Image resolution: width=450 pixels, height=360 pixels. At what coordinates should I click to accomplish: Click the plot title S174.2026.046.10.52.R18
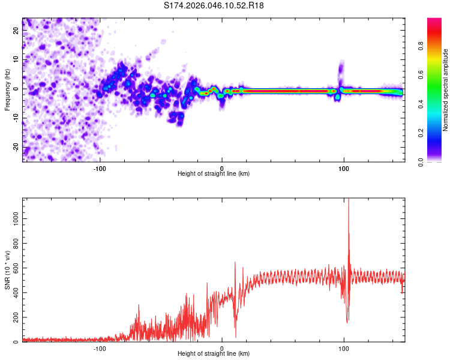point(214,6)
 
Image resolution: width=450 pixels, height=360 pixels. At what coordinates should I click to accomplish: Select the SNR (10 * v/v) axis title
point(7,270)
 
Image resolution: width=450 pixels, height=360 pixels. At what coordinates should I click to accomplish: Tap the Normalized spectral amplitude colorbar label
point(446,90)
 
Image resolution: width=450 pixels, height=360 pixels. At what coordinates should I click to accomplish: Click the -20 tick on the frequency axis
point(16,147)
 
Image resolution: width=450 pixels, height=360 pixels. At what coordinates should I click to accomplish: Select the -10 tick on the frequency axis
point(16,118)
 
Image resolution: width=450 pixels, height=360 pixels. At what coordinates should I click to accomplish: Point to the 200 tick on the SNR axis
point(15,317)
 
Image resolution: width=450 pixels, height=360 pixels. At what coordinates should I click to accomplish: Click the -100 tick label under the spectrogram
point(100,168)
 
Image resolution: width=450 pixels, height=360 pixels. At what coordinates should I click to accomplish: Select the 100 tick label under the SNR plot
point(344,348)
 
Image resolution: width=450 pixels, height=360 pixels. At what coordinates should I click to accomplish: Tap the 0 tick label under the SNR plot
point(222,348)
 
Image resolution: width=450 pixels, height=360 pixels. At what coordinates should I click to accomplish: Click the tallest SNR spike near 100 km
point(349,201)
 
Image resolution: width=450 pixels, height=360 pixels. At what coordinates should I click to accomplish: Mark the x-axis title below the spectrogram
point(214,174)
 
